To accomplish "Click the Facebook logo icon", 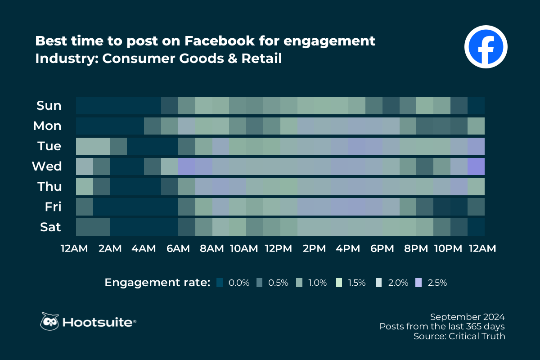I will [x=486, y=47].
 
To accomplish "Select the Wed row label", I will [x=47, y=166].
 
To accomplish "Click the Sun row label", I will [x=49, y=106].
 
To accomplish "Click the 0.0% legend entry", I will [x=233, y=283].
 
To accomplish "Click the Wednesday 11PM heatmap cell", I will [x=476, y=166].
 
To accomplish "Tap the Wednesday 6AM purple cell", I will [x=187, y=166].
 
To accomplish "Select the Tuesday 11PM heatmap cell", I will [x=476, y=146].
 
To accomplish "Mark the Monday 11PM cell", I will [x=476, y=126].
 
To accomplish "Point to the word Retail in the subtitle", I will [x=263, y=58].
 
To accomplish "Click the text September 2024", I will [x=467, y=316].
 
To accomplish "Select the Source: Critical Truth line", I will [x=459, y=336].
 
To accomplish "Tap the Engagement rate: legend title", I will [x=157, y=283].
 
